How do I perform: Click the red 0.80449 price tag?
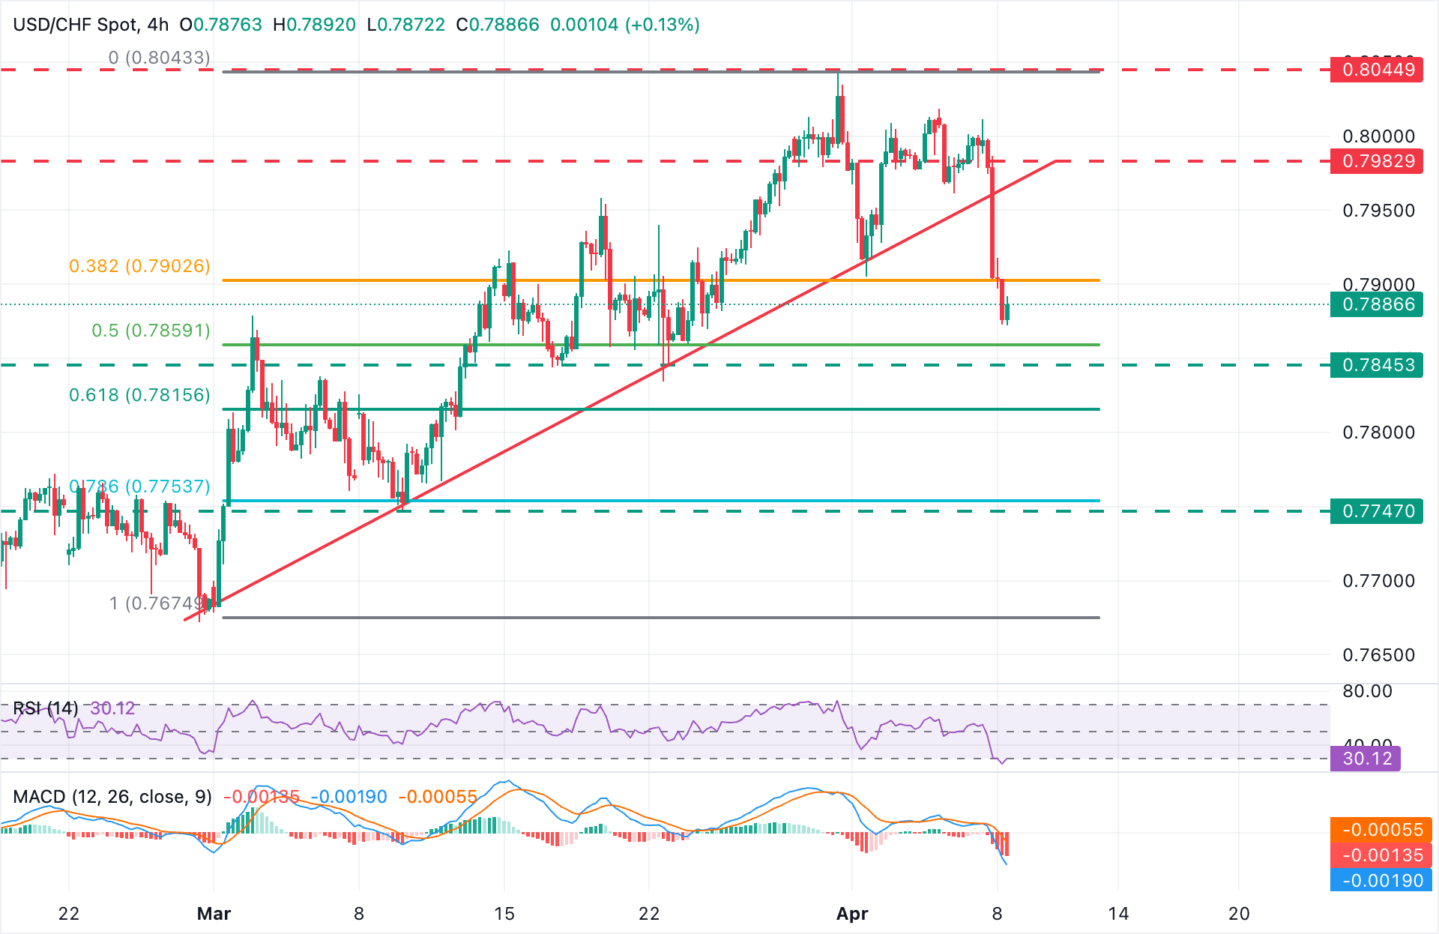coord(1377,70)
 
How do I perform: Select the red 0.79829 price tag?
coord(1377,161)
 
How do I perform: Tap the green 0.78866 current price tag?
coord(1377,304)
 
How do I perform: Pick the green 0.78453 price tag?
coord(1377,365)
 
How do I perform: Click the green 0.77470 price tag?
coord(1377,511)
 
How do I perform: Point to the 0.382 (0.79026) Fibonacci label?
coord(139,266)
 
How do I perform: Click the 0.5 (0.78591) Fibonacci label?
coord(151,331)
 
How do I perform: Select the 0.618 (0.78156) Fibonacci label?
coord(139,395)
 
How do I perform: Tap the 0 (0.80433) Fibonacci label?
coord(159,58)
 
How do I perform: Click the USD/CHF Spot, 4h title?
coord(91,25)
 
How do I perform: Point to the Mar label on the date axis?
coord(214,914)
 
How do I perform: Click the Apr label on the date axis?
coord(852,914)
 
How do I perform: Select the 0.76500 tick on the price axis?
coord(1378,655)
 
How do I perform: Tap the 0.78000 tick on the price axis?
coord(1378,433)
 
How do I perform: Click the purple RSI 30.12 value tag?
coord(1366,759)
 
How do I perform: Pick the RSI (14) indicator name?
coord(45,708)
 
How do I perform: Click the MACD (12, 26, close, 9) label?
coord(112,797)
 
